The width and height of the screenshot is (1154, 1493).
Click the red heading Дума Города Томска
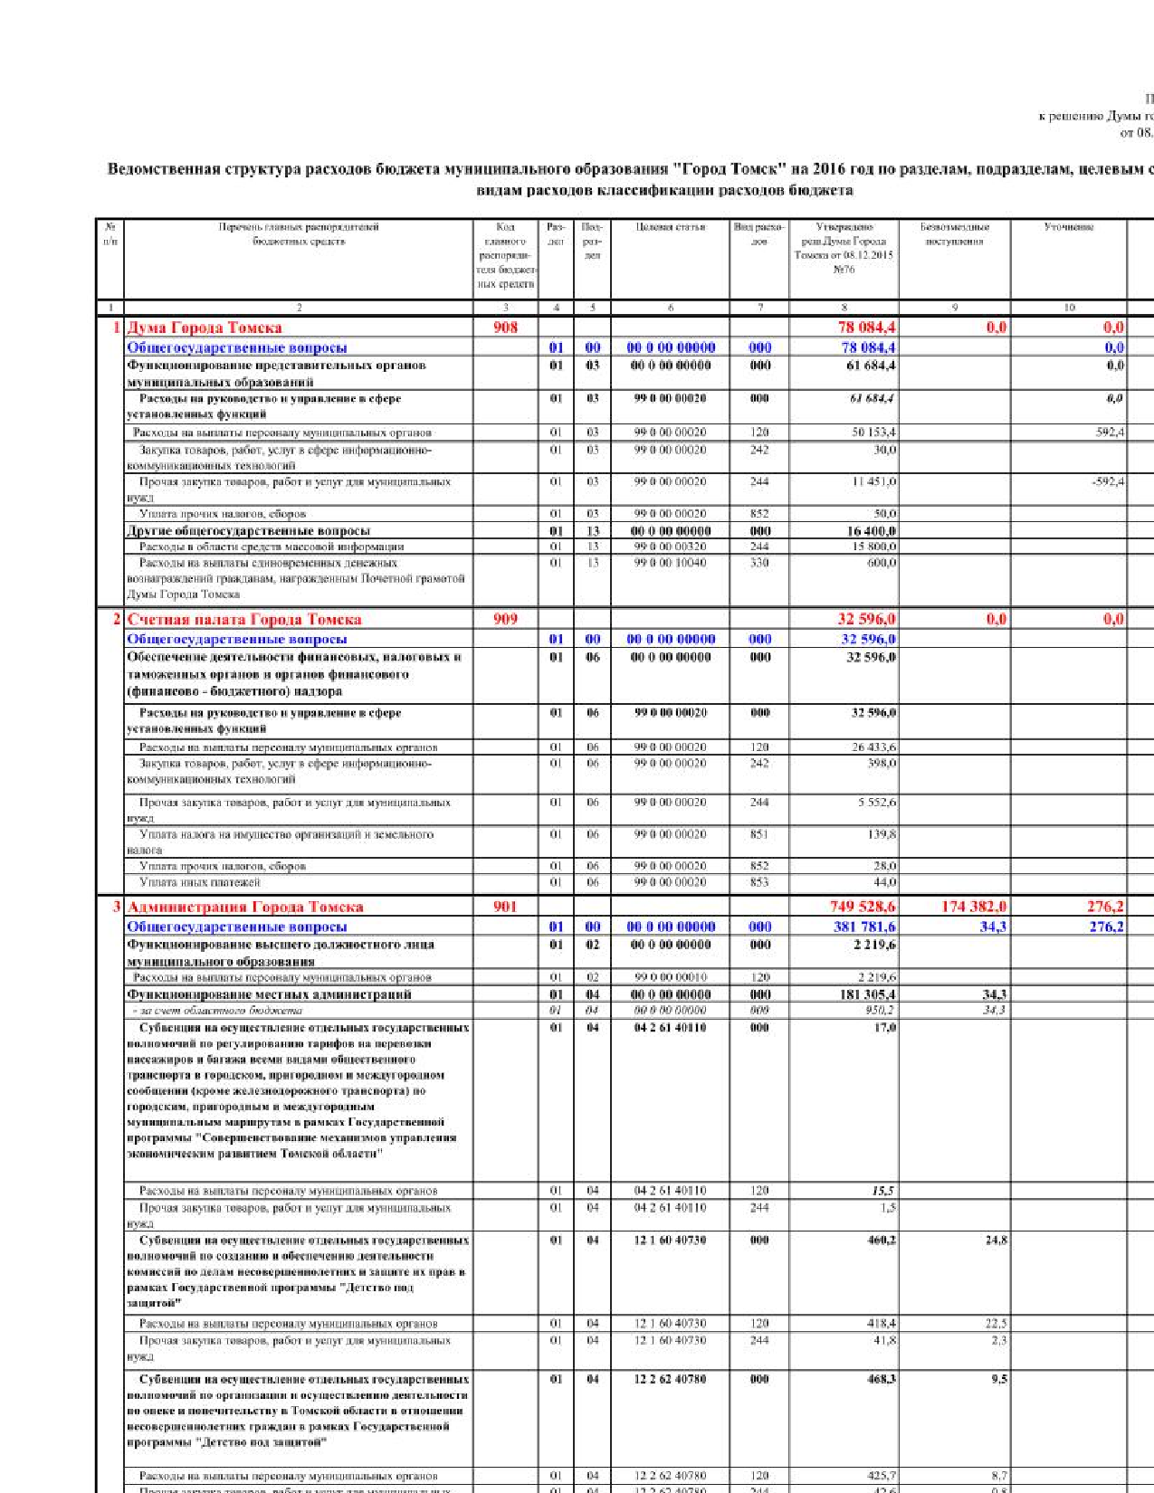pos(205,328)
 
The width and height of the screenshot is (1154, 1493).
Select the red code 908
pos(505,328)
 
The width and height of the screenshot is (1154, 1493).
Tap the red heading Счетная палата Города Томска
pos(244,619)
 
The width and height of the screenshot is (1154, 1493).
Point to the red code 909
pos(505,619)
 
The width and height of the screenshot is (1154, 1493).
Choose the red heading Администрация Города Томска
pos(245,907)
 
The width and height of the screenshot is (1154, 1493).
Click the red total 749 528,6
pos(863,907)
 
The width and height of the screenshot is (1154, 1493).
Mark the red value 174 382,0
pos(974,907)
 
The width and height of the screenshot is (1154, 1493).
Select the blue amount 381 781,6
pos(864,927)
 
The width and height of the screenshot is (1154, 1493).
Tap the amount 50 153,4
pos(873,433)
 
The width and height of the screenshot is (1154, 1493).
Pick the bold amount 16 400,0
pos(871,531)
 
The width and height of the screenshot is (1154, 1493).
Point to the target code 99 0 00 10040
pos(670,563)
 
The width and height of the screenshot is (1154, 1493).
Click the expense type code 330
pos(759,563)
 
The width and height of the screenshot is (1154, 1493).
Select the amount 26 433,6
pos(873,747)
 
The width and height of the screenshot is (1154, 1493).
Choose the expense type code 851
pos(759,834)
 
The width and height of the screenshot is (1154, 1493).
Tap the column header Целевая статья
pos(670,227)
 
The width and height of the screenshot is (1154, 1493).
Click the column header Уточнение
pos(1068,227)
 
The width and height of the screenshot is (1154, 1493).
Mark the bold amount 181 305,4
pos(868,994)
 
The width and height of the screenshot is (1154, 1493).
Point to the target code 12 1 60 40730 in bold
pos(670,1241)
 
